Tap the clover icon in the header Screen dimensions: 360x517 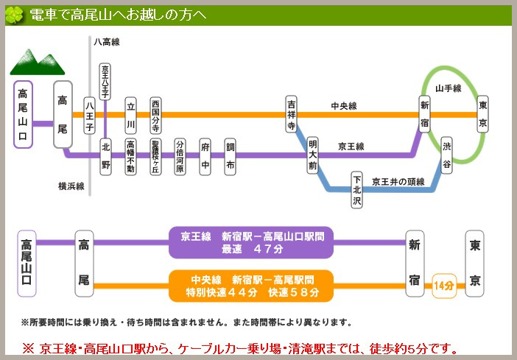point(14,15)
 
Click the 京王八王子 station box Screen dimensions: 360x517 point(105,82)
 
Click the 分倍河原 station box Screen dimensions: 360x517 point(180,155)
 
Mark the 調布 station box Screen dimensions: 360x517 point(231,155)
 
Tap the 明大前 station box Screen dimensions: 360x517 point(312,155)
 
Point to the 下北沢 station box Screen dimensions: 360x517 point(356,190)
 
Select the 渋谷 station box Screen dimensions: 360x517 point(446,155)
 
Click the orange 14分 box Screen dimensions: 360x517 point(443,285)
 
